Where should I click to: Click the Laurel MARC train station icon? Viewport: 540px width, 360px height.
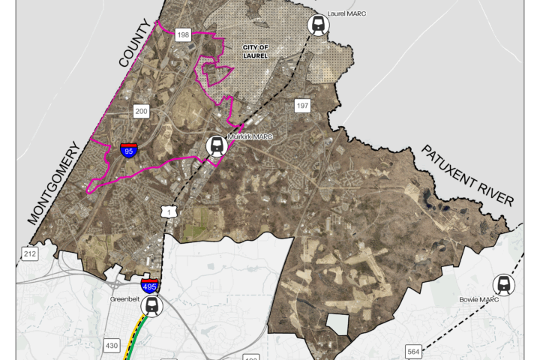click(x=319, y=25)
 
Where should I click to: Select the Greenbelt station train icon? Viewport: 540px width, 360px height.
click(x=153, y=305)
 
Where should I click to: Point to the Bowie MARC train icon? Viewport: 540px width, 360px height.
click(x=503, y=285)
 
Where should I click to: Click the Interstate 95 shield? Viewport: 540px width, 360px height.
click(x=129, y=150)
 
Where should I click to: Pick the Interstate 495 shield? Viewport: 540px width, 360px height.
click(x=149, y=285)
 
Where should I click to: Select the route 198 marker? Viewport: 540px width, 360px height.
click(x=182, y=34)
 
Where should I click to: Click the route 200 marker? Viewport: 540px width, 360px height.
click(x=141, y=111)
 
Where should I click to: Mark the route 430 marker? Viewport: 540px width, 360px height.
click(x=112, y=345)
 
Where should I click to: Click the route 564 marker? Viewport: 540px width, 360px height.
click(x=413, y=352)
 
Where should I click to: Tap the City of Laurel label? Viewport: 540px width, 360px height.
click(x=255, y=51)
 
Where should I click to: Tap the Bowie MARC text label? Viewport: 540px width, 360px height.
click(x=478, y=300)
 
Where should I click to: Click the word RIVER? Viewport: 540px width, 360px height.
click(x=499, y=195)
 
